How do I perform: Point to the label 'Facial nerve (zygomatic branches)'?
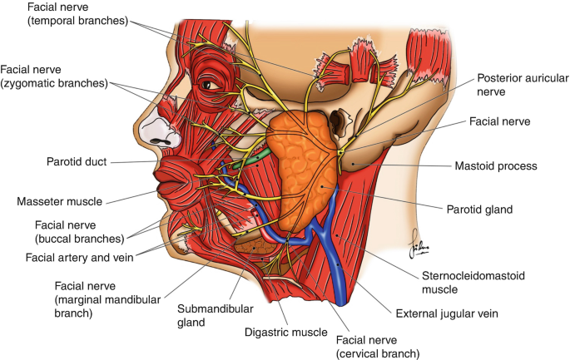coord(55,77)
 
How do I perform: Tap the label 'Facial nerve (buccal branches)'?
coord(78,230)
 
